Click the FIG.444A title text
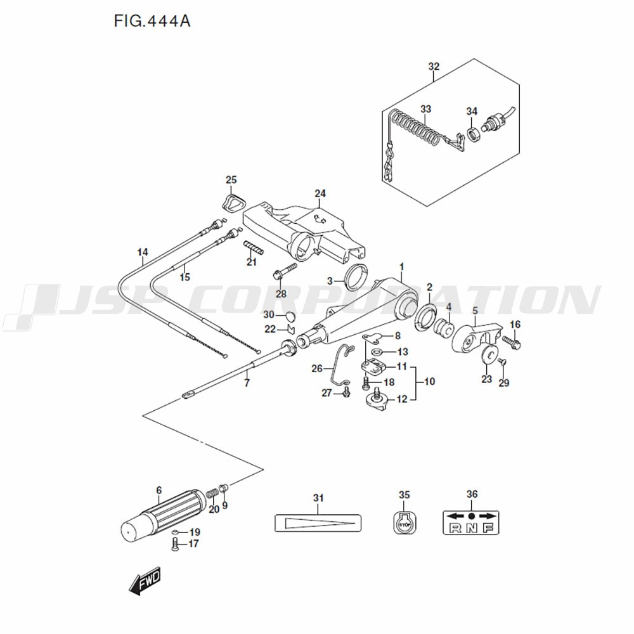[x=152, y=22]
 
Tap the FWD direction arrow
[x=145, y=581]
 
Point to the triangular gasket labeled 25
[x=233, y=203]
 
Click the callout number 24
[x=320, y=193]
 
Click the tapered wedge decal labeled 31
[x=318, y=522]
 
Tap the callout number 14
[x=142, y=252]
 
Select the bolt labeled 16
[x=512, y=342]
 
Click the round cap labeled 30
[x=289, y=315]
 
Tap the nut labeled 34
[x=472, y=134]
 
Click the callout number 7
[x=247, y=383]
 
